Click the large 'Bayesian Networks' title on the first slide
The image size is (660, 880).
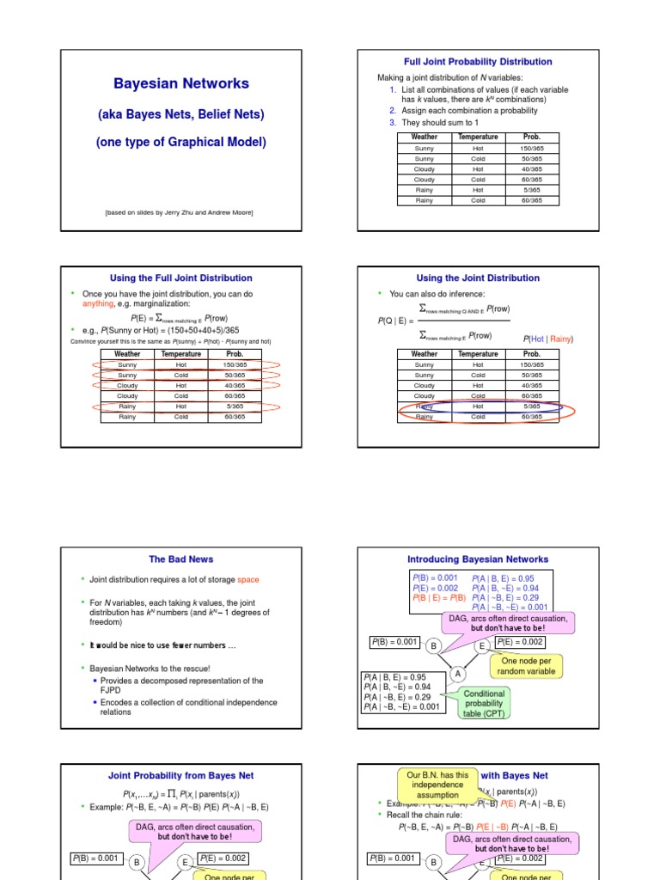pyautogui.click(x=181, y=83)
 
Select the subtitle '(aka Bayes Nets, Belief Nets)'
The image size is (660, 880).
pyautogui.click(x=181, y=113)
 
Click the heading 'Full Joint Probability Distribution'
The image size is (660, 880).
pyautogui.click(x=478, y=62)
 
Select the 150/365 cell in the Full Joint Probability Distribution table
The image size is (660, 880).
pyautogui.click(x=531, y=148)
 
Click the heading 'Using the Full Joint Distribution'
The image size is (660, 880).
pyautogui.click(x=181, y=278)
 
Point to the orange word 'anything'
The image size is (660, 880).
pyautogui.click(x=97, y=303)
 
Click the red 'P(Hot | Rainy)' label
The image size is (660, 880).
pyautogui.click(x=547, y=339)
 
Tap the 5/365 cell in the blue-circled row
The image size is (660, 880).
pyautogui.click(x=531, y=406)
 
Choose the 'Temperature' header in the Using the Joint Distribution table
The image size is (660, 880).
pyautogui.click(x=478, y=354)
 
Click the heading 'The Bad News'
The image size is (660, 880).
pyautogui.click(x=181, y=559)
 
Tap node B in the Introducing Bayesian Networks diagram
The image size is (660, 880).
pyautogui.click(x=434, y=645)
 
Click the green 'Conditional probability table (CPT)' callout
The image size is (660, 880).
pyautogui.click(x=486, y=703)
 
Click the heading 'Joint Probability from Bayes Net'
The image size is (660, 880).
pyautogui.click(x=181, y=775)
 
